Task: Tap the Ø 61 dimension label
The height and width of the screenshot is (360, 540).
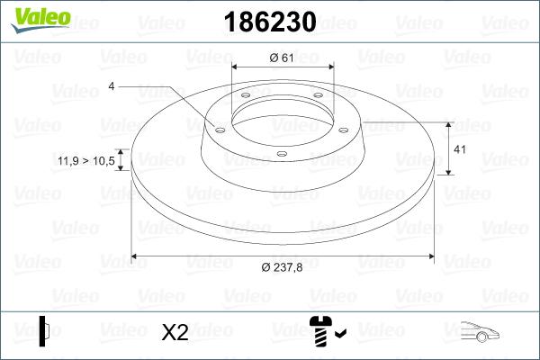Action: pos(283,58)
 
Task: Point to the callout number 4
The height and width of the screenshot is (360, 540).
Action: pos(111,86)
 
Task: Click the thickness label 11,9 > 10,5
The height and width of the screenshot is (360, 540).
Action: pos(86,160)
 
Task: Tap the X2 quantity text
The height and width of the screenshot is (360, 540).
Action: pos(175,333)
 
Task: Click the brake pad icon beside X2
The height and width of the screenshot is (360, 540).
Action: pos(45,330)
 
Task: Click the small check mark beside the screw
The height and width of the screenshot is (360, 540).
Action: pos(340,336)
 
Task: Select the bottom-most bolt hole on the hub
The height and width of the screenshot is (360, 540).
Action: pos(281,154)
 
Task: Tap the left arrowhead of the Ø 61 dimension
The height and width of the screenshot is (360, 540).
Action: pos(236,68)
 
